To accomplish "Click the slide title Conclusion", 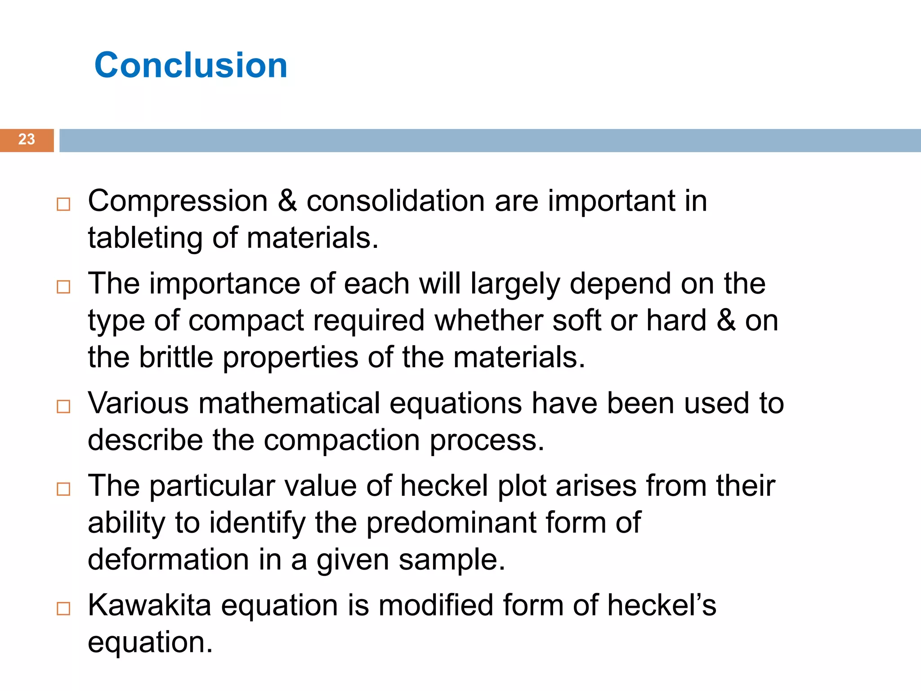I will pos(191,65).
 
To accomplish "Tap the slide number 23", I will pos(27,139).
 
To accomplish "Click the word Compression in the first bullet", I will pos(178,201).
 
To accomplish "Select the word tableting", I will pos(145,238).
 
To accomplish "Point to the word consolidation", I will pos(395,201).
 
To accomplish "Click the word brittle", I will pos(176,357).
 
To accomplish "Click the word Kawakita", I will pos(149,605).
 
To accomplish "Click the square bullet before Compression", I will pos(63,204).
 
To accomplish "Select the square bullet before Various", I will pos(63,407).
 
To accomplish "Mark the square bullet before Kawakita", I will pos(63,609).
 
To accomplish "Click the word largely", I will pos(515,284).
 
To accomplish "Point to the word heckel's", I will pos(662,605).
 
